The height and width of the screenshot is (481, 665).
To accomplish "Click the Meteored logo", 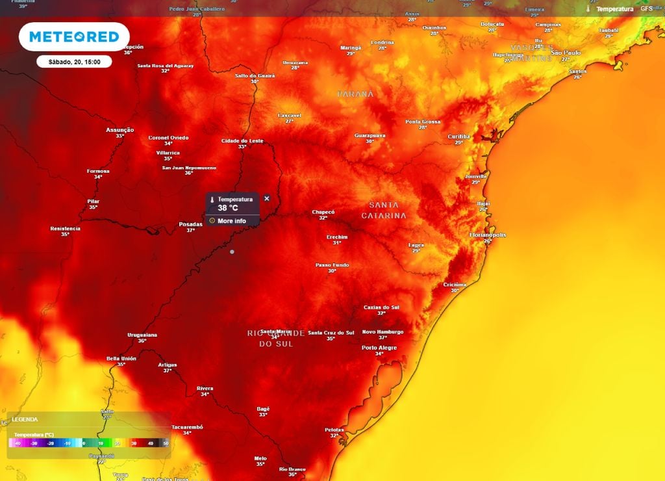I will point(73,37).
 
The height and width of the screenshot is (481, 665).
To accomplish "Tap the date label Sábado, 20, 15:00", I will point(73,62).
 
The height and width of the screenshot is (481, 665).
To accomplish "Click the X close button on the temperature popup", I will point(266,198).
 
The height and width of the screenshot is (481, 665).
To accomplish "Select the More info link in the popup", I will point(231,221).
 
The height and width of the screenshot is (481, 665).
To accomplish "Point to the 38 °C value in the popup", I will point(228,208).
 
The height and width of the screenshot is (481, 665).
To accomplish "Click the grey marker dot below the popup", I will point(232,252).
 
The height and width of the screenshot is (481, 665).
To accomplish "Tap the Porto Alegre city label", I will point(379,348).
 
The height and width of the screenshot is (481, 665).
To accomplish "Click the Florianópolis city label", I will point(487,235).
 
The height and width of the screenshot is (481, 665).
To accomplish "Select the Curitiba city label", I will point(458,136).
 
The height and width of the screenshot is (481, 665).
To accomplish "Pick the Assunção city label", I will point(120,130).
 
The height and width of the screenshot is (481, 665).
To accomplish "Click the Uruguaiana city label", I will point(142,335).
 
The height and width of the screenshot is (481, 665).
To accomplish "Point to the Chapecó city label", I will point(323,212).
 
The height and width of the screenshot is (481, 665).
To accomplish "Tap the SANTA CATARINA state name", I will point(384,210).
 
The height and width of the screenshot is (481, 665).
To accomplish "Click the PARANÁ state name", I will point(355,94).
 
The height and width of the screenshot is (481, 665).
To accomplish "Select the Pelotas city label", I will point(334,430).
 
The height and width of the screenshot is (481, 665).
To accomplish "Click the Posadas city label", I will point(190,224).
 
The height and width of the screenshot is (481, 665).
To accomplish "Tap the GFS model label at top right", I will point(646,8).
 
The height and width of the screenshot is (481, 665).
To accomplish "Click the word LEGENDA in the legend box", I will point(25,420).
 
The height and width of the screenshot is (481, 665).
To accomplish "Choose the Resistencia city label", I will point(66,229).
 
